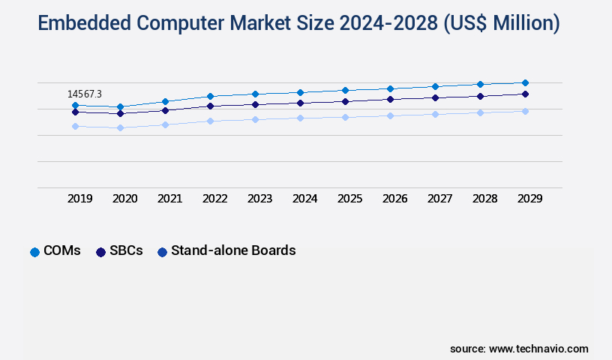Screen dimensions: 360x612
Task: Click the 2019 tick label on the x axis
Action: coord(79,199)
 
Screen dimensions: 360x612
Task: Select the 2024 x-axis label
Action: coord(304,199)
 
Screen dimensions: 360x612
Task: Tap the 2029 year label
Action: coord(529,199)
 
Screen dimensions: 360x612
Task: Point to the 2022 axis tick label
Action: coord(214,199)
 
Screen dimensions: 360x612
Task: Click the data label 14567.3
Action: coord(85,94)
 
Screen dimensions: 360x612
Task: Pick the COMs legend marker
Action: coord(34,252)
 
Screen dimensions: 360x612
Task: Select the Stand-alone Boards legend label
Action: coord(233,251)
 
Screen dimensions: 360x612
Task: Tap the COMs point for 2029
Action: coord(525,82)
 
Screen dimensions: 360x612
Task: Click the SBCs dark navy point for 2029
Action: coord(525,94)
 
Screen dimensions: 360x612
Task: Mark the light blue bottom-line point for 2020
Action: coord(120,127)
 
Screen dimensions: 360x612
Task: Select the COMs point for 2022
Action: coord(210,96)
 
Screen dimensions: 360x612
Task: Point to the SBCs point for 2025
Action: coord(345,101)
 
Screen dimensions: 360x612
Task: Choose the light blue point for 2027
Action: coord(435,114)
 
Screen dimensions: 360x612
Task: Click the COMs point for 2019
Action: coord(75,105)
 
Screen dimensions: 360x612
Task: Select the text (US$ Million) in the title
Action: coord(501,24)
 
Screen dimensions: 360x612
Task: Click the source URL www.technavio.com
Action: coord(538,349)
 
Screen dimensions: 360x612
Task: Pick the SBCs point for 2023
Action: coord(255,104)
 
